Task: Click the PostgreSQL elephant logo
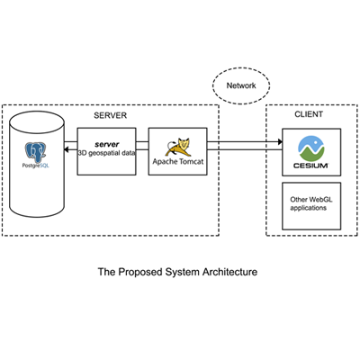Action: coord(36,153)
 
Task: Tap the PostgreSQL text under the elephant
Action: coord(36,166)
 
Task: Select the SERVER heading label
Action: coord(110,115)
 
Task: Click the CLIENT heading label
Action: coord(309,114)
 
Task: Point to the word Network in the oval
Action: coord(241,85)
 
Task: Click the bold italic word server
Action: coord(107,144)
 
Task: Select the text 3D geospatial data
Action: coord(106,153)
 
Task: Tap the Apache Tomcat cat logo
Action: coord(178,147)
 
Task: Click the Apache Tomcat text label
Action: coord(178,161)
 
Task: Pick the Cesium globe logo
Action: coord(311,148)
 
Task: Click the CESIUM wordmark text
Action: coord(310,166)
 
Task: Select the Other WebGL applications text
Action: coord(311,203)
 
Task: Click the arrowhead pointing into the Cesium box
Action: coord(280,141)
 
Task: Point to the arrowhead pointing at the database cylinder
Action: coord(67,149)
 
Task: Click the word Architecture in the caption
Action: coord(229,272)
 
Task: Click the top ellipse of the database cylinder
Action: coord(37,122)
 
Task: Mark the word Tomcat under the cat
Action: coord(191,161)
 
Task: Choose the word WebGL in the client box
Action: coord(320,200)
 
